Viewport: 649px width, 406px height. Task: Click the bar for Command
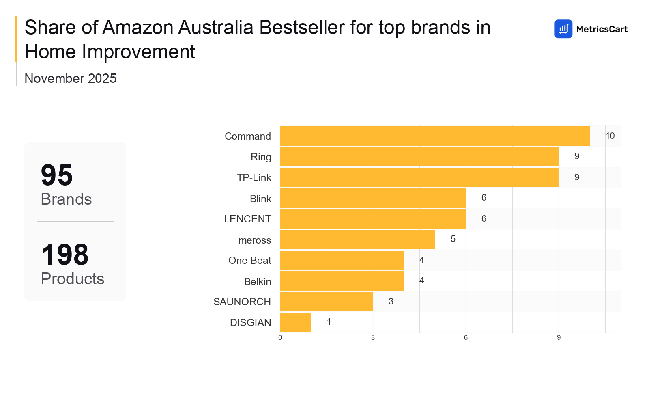435,136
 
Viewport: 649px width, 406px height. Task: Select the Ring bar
419,157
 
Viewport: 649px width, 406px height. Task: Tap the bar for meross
357,240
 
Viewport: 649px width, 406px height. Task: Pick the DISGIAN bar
295,322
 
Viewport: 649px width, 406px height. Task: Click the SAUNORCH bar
327,302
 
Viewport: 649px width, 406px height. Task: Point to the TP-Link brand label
254,178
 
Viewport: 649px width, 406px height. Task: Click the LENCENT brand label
247,219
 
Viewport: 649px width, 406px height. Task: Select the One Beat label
249,261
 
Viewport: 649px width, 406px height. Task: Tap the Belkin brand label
258,281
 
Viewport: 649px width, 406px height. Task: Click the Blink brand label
260,199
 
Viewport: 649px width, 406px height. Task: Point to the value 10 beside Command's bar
610,136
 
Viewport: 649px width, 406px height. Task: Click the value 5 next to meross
453,239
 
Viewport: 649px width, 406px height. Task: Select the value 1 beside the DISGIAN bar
329,322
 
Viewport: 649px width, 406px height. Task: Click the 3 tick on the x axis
373,338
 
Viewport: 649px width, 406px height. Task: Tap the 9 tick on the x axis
559,338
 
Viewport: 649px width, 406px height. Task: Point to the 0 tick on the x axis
280,338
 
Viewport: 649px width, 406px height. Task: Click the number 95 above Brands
57,175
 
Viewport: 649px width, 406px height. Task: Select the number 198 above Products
65,255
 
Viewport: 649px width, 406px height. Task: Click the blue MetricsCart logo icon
563,29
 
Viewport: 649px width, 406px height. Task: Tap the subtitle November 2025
71,78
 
